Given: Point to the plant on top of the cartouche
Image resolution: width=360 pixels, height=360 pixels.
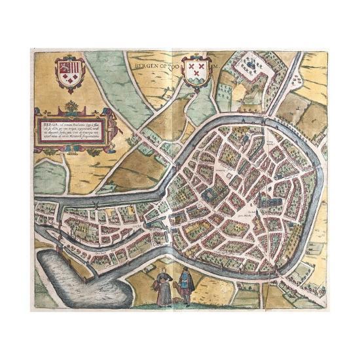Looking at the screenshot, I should [x=71, y=106].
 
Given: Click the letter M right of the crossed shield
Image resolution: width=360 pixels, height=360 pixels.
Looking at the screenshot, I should [x=213, y=65].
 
